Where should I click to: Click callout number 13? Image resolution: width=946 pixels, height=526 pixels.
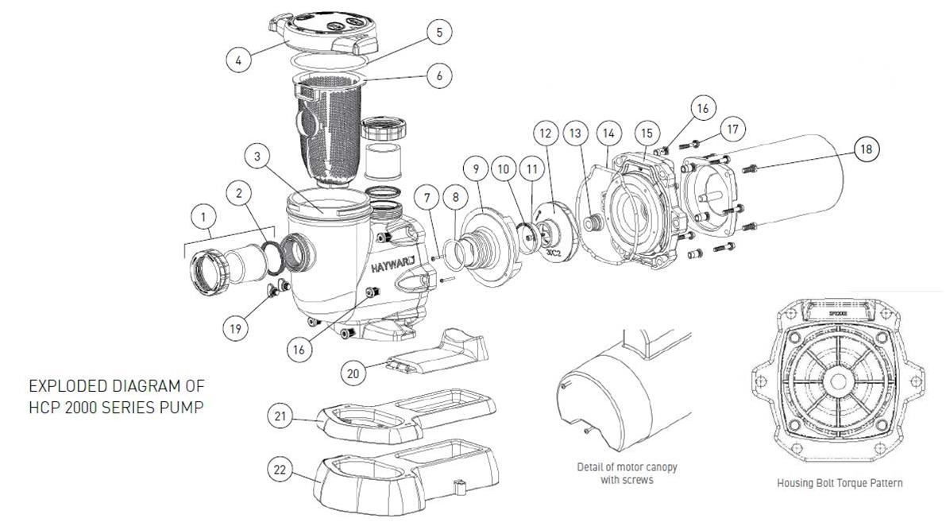pos(576,133)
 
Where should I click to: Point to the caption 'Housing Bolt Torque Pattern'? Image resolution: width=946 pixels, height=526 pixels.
pos(840,482)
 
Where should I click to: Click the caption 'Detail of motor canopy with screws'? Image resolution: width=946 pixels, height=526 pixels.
pos(627,474)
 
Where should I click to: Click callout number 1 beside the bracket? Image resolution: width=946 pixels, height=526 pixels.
pos(205,215)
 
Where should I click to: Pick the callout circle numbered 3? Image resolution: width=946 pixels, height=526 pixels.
pos(257,157)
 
